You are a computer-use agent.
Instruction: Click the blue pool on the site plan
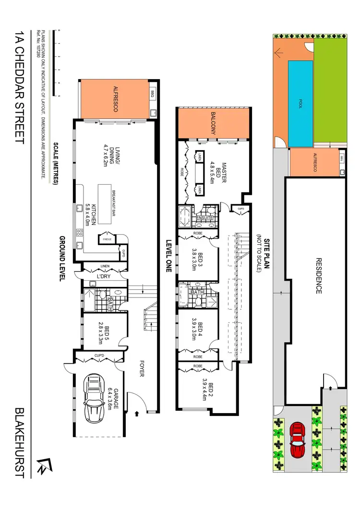pos(300,104)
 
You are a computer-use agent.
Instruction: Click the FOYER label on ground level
pos(142,368)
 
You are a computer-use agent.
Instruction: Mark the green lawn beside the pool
pos(331,89)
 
